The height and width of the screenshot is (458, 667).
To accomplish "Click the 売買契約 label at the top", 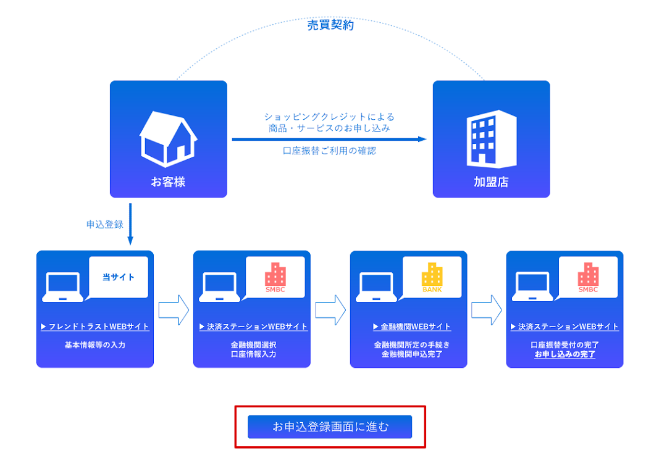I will point(330,25).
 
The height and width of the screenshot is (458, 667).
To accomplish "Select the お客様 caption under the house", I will point(168,182).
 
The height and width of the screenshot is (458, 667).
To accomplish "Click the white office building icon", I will point(491,139).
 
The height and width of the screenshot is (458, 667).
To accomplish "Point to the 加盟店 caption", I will point(491,182).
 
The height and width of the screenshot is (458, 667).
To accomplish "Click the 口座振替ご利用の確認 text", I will point(329,151).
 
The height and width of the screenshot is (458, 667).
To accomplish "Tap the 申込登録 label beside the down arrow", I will point(105,225).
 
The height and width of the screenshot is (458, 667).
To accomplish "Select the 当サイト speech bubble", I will point(118,277).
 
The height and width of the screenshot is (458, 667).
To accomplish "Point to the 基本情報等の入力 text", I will point(95,345).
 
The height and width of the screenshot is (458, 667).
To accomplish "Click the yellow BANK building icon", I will point(432,277).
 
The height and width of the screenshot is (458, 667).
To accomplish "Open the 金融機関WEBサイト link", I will point(412,327).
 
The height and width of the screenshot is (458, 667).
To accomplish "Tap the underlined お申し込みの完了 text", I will point(564,354).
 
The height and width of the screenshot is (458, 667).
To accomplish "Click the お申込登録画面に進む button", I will point(330,427).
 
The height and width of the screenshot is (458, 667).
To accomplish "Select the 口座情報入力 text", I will point(253,354).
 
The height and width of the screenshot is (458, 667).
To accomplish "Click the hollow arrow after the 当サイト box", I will point(174,310).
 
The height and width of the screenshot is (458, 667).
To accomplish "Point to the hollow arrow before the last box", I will point(487,310).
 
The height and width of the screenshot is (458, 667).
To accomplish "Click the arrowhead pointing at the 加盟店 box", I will point(422,139).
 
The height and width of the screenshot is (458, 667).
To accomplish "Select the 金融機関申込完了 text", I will point(409,354).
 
